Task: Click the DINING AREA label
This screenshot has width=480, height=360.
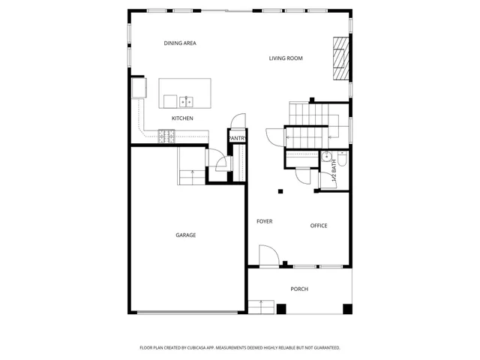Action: tap(180, 43)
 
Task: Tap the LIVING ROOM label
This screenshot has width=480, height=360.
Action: tap(286, 58)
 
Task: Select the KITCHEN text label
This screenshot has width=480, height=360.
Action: tap(182, 118)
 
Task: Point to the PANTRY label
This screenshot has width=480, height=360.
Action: tap(237, 138)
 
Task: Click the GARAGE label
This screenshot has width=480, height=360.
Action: tap(186, 235)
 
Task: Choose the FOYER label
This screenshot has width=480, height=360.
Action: tap(264, 221)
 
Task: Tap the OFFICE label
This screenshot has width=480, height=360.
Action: tap(319, 226)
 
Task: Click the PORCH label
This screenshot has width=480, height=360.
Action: tap(299, 289)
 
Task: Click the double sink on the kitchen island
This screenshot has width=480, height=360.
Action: tap(185, 100)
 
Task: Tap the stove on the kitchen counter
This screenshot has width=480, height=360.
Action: tap(166, 136)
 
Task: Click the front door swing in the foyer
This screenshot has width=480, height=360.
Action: tap(268, 256)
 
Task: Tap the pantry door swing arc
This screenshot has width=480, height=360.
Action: tap(238, 121)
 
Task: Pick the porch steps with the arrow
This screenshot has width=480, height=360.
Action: tap(260, 307)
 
